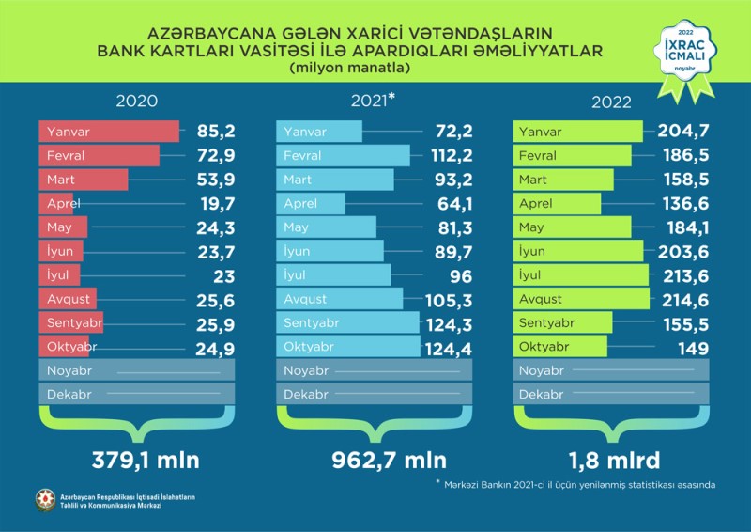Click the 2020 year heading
tap(136, 102)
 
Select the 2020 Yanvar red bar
tap(108, 131)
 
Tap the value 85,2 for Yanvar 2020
tap(216, 131)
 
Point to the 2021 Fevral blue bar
tap(344, 155)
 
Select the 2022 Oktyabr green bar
tap(561, 347)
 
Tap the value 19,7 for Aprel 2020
tap(216, 203)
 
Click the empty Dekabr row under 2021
tap(374, 395)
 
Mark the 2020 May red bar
tap(63, 227)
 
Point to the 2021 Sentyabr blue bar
tap(348, 323)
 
